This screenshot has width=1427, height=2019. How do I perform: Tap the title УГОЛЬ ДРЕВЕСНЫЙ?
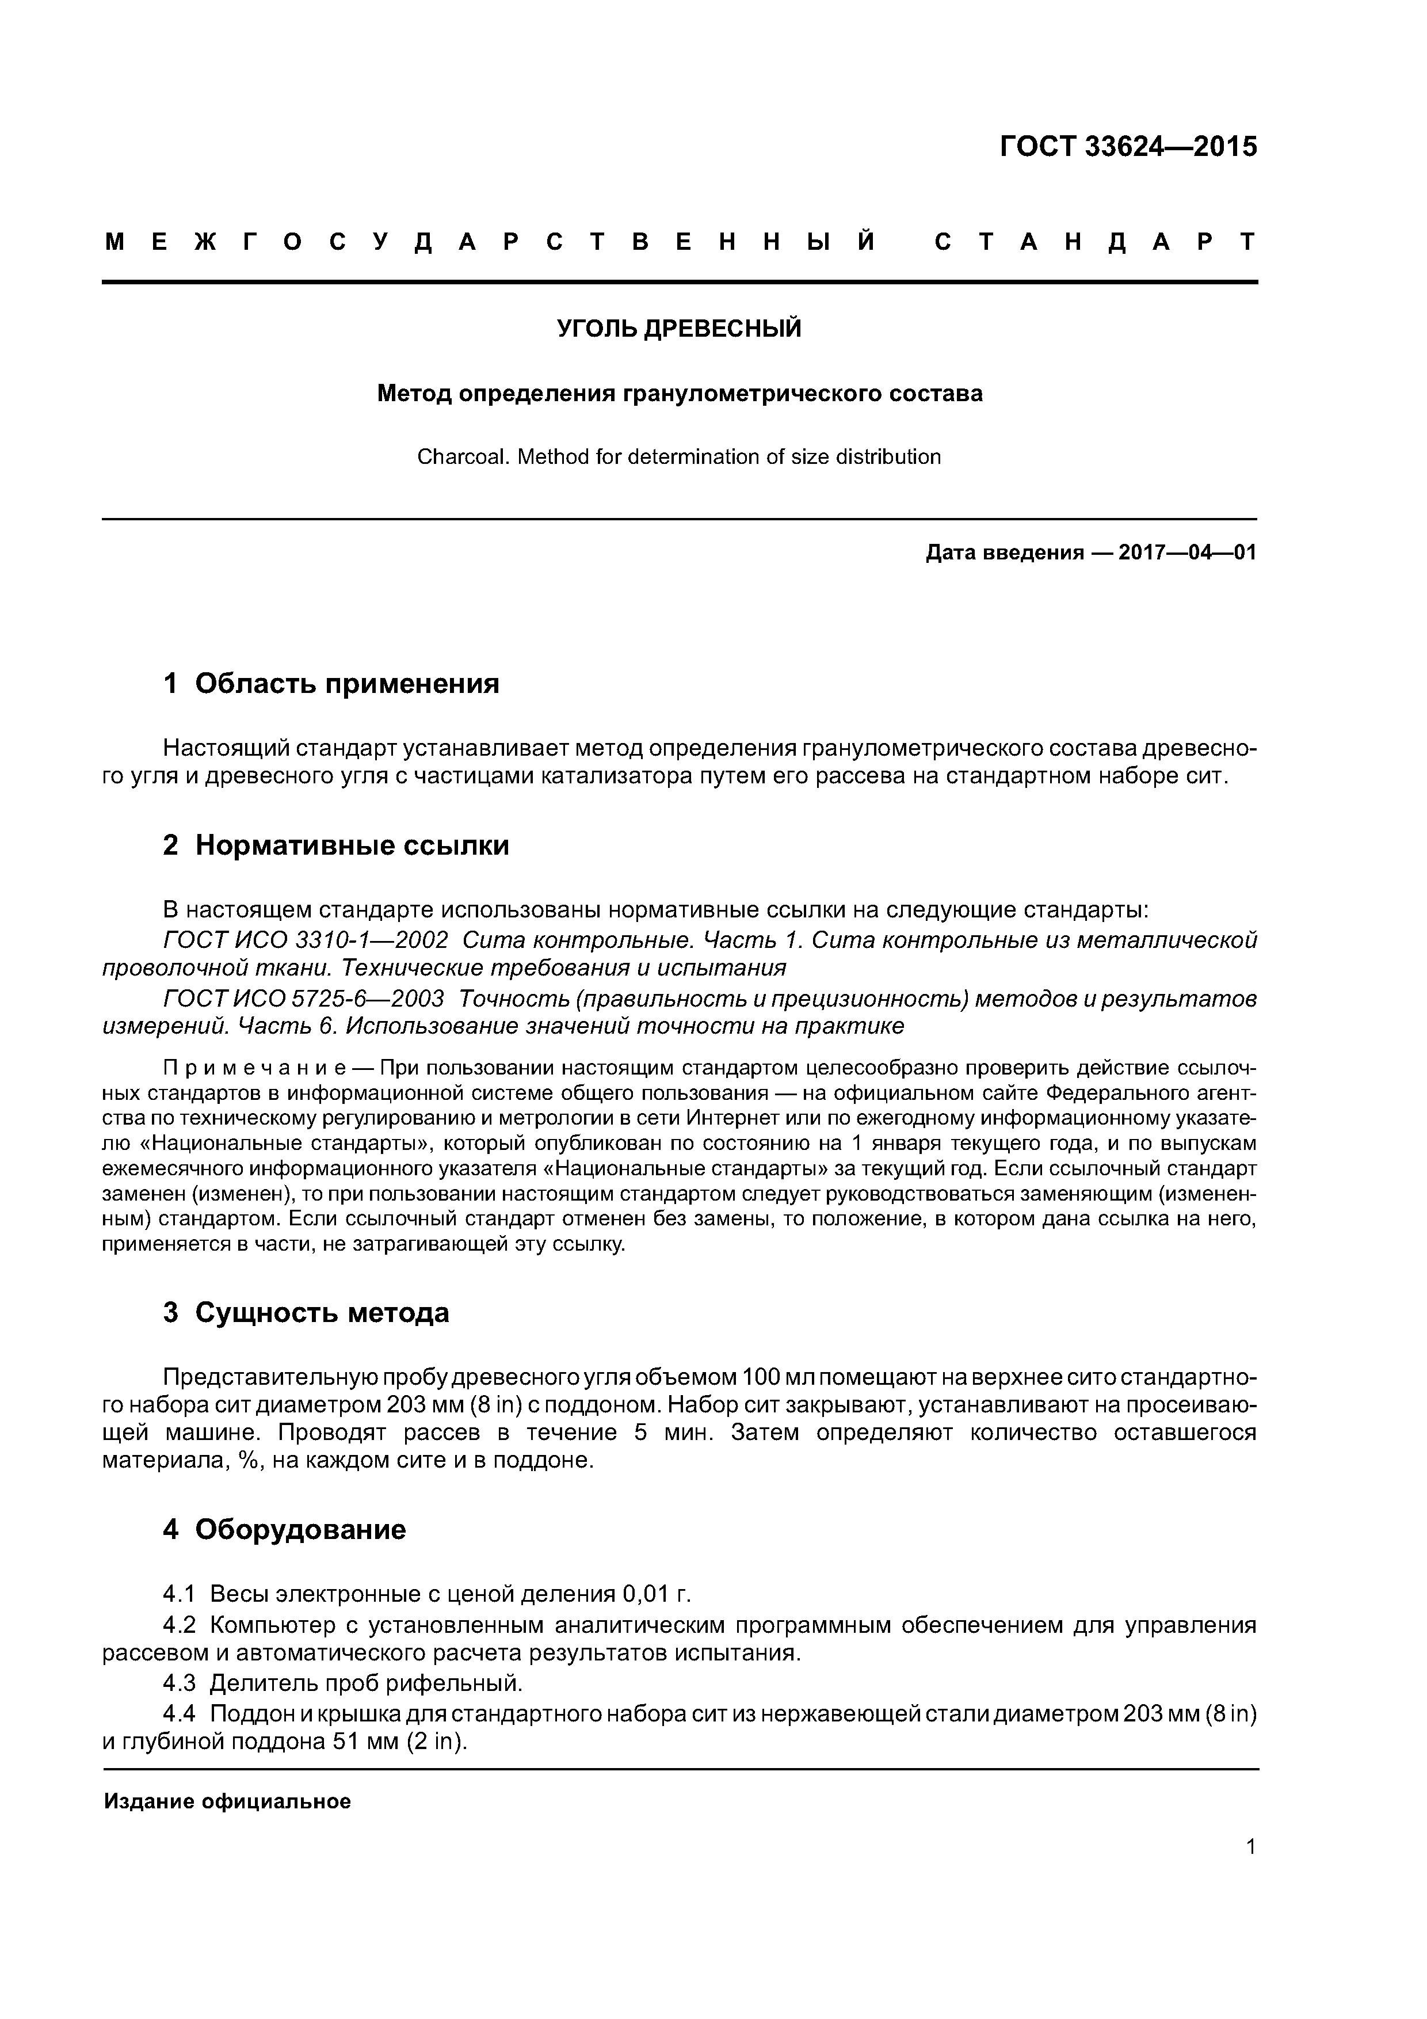coord(680,329)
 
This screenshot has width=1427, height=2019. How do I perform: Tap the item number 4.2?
coord(178,1624)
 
